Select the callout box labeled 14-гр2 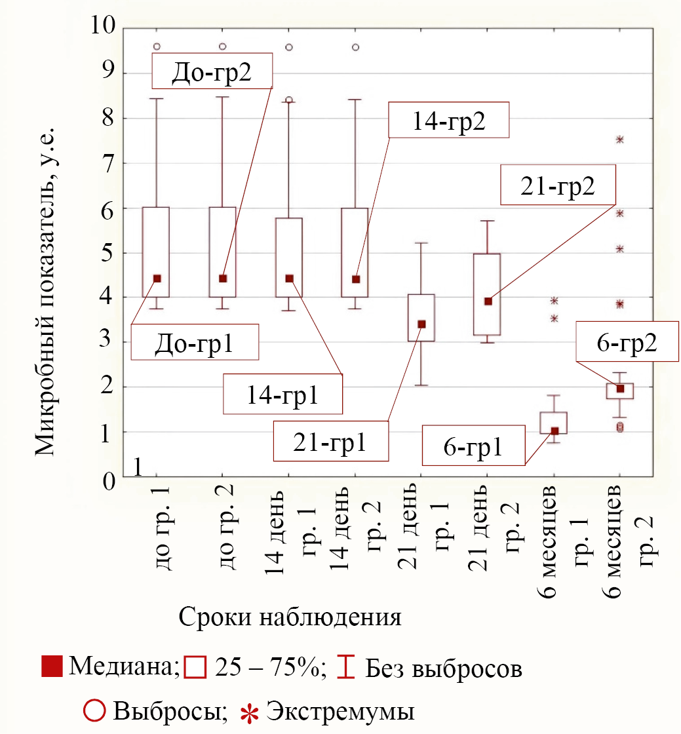449,119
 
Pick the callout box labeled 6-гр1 474,446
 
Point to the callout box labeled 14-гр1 283,394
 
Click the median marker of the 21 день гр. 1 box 421,324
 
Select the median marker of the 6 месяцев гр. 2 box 620,389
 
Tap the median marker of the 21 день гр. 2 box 488,301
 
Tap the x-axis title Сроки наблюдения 290,617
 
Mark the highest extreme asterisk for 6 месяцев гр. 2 619,139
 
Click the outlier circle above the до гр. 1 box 157,46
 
